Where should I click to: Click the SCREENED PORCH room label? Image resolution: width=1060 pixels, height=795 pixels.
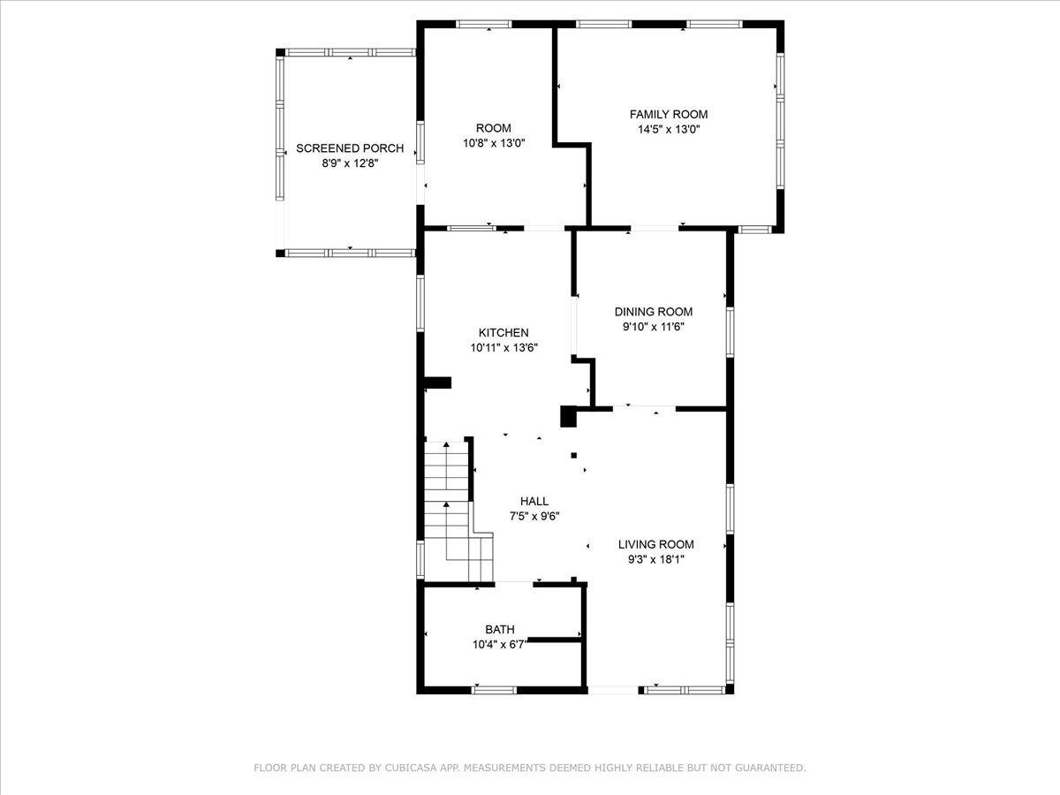pos(350,148)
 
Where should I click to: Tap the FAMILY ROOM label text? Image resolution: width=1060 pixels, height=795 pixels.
pos(668,114)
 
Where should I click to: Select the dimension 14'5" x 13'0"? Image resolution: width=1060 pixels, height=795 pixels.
pos(668,129)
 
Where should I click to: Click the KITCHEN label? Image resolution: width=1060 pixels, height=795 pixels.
pos(503,332)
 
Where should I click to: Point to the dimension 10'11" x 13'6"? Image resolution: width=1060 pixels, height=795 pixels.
pos(503,347)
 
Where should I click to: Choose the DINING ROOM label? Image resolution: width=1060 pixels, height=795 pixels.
pos(653,311)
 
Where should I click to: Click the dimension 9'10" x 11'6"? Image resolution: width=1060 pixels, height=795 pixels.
pos(653,326)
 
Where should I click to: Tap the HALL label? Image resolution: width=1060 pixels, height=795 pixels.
pos(534,501)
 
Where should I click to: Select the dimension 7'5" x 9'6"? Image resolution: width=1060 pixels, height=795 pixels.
pos(534,516)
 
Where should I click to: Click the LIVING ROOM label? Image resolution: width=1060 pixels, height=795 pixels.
pos(655,544)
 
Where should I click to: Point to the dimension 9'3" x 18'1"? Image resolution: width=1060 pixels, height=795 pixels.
pos(655,559)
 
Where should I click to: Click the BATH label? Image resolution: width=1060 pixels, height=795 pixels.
pos(499,629)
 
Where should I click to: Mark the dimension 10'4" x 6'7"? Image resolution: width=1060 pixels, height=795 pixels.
pos(499,644)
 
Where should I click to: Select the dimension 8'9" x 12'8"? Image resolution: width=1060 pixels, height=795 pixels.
pos(350,163)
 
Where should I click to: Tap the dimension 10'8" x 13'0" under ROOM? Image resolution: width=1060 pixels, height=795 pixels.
pos(493,143)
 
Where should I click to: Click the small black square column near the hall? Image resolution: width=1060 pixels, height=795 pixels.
pos(573,456)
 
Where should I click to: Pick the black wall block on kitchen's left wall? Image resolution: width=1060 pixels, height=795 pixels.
pos(438,382)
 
